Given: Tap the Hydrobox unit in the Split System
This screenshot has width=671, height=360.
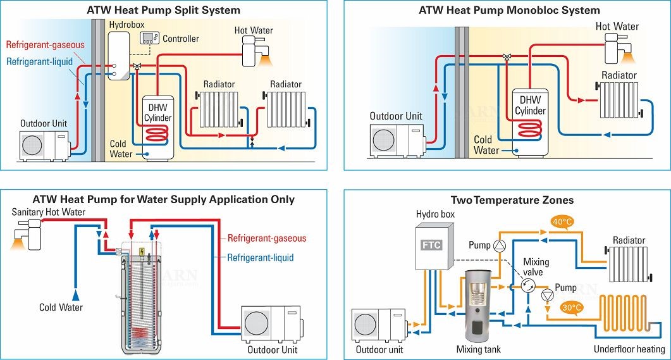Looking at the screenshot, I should click(x=118, y=58).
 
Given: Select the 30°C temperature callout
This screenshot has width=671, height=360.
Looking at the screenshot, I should click(x=572, y=308).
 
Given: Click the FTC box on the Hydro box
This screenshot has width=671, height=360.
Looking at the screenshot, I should click(x=432, y=245).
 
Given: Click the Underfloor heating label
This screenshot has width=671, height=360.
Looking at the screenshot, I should click(x=629, y=349).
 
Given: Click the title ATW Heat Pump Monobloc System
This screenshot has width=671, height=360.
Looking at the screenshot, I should click(x=509, y=10).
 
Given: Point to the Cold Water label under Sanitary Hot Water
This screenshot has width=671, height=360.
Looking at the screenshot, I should click(x=61, y=307).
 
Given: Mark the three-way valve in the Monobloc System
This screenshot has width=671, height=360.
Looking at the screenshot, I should click(x=507, y=57).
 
